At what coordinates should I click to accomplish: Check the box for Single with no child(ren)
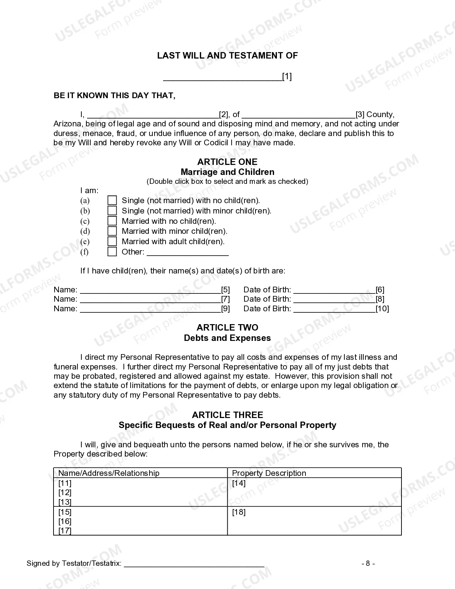click(x=112, y=200)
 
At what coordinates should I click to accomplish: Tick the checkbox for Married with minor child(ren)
click(x=112, y=231)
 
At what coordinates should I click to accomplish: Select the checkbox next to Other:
click(x=112, y=252)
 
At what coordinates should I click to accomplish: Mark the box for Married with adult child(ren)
click(x=112, y=241)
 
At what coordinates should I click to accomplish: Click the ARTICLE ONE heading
click(x=227, y=162)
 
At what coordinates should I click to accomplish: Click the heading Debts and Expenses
click(x=227, y=338)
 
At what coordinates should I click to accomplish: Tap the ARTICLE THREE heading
click(x=227, y=415)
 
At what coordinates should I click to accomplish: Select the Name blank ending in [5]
click(x=150, y=290)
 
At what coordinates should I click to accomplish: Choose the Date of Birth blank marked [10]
click(x=334, y=309)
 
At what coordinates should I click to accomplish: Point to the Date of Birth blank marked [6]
click(x=334, y=290)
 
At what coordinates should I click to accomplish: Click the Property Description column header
click(x=269, y=473)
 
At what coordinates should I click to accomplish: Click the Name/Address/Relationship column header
click(x=108, y=473)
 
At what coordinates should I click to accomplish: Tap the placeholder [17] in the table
click(x=65, y=530)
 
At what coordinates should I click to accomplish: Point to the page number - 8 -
click(x=368, y=563)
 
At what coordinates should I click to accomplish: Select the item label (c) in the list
click(x=85, y=221)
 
